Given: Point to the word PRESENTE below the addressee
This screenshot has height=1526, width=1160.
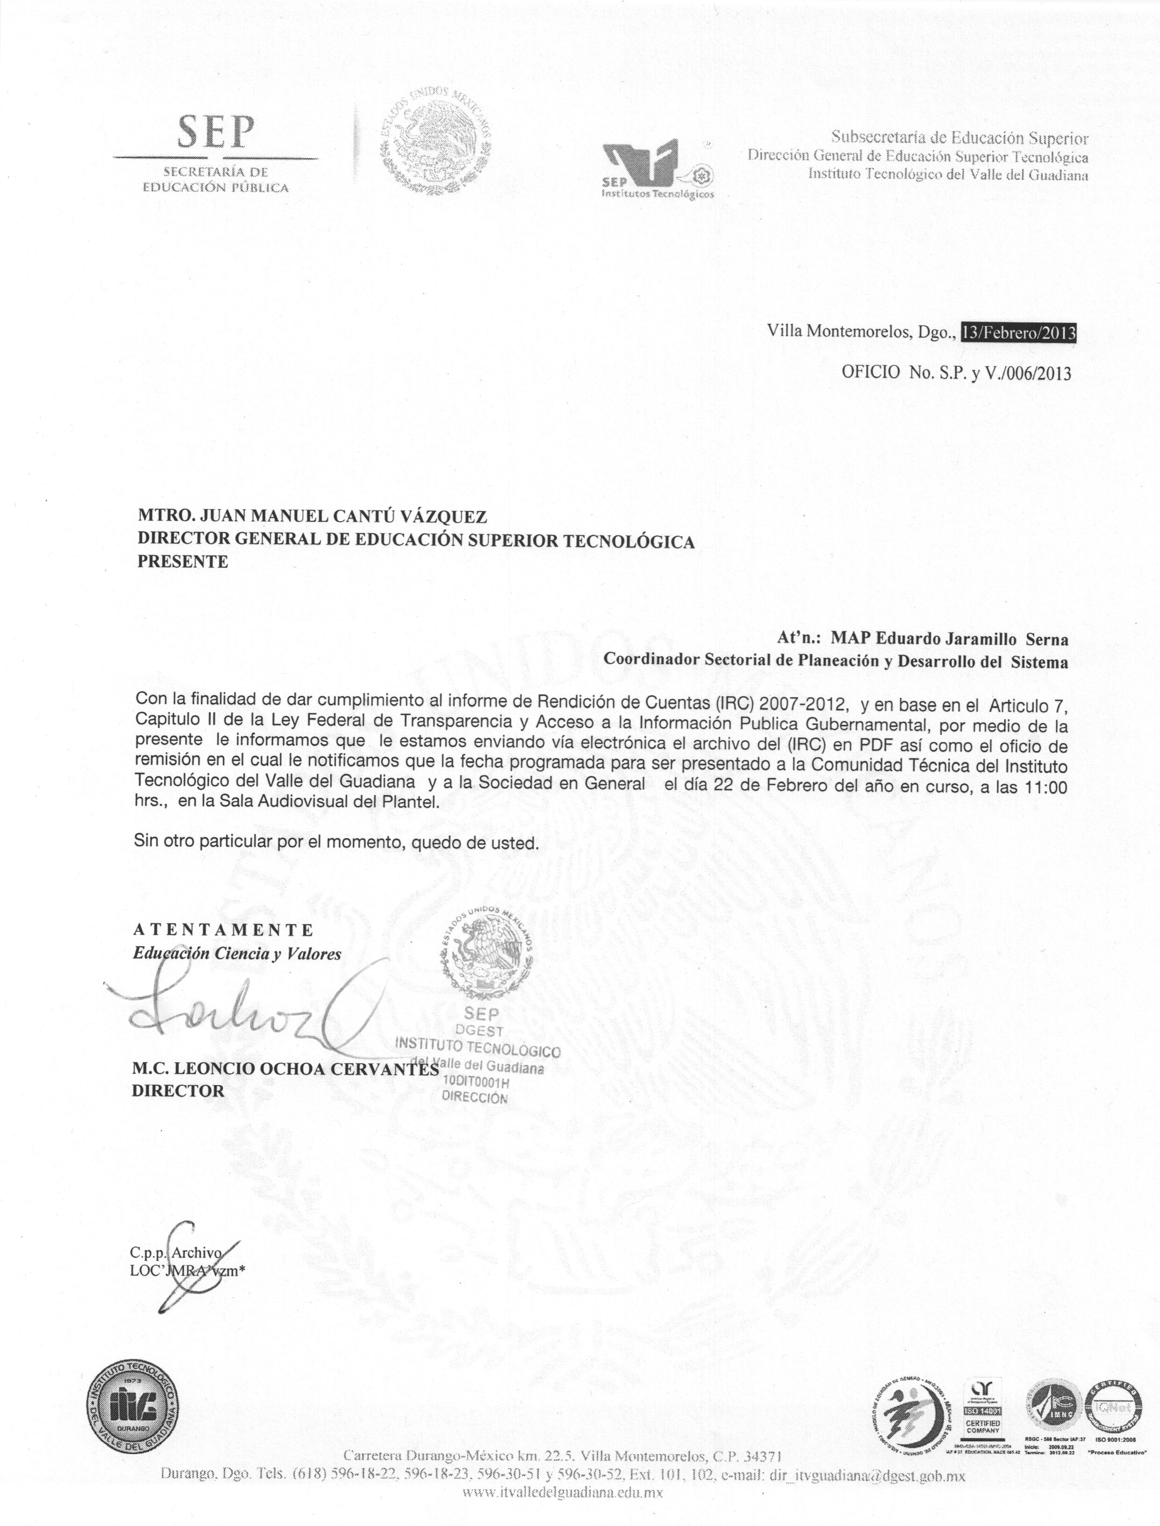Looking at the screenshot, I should pos(182,561).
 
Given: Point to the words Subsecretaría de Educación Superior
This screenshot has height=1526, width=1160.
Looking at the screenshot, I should pos(960,138).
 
